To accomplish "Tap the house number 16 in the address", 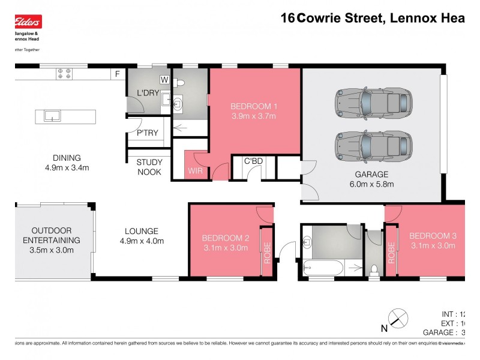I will [288, 18].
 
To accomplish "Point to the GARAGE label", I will [371, 175].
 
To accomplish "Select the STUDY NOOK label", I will [149, 167].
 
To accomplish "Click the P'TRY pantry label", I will [147, 133].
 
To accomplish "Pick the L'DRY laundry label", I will [147, 93].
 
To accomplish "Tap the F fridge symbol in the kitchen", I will [118, 74].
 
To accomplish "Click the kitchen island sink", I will [53, 115].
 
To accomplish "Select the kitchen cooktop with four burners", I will [64, 74].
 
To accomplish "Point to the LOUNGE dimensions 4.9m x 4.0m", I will [142, 241].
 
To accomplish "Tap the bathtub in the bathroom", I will [323, 268].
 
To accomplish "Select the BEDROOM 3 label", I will [433, 236].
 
